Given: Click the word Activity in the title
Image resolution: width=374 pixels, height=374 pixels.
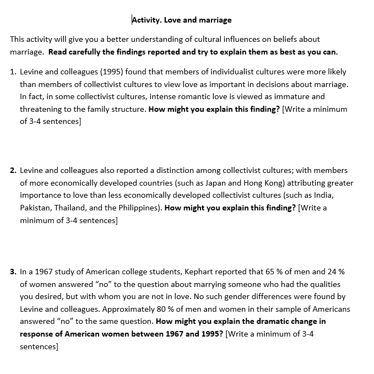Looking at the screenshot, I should (x=146, y=20).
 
